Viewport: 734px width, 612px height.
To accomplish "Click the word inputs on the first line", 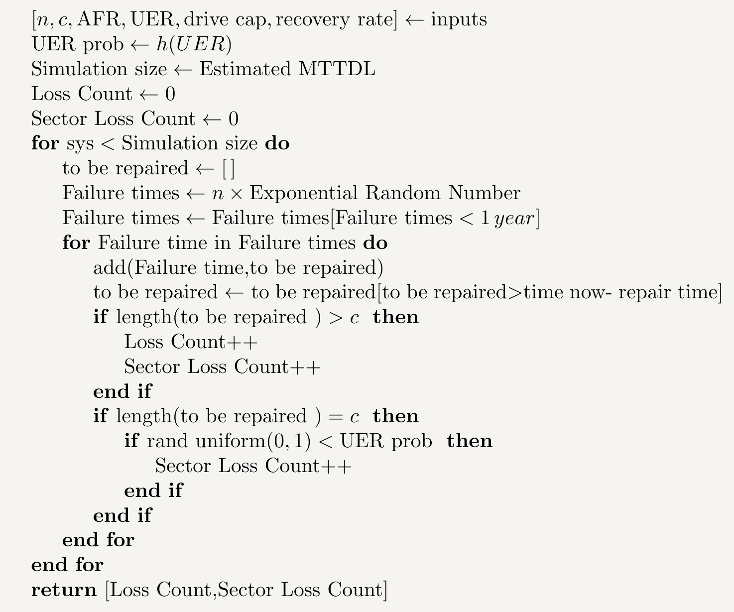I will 459,20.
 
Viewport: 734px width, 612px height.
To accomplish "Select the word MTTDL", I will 337,69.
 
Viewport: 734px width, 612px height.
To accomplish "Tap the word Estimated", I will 245,69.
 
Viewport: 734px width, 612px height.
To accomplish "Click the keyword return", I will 64,590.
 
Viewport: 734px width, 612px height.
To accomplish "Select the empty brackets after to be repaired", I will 229,169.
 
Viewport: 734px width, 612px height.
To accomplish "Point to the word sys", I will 80,144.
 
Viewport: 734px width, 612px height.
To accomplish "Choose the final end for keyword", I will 67,565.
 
